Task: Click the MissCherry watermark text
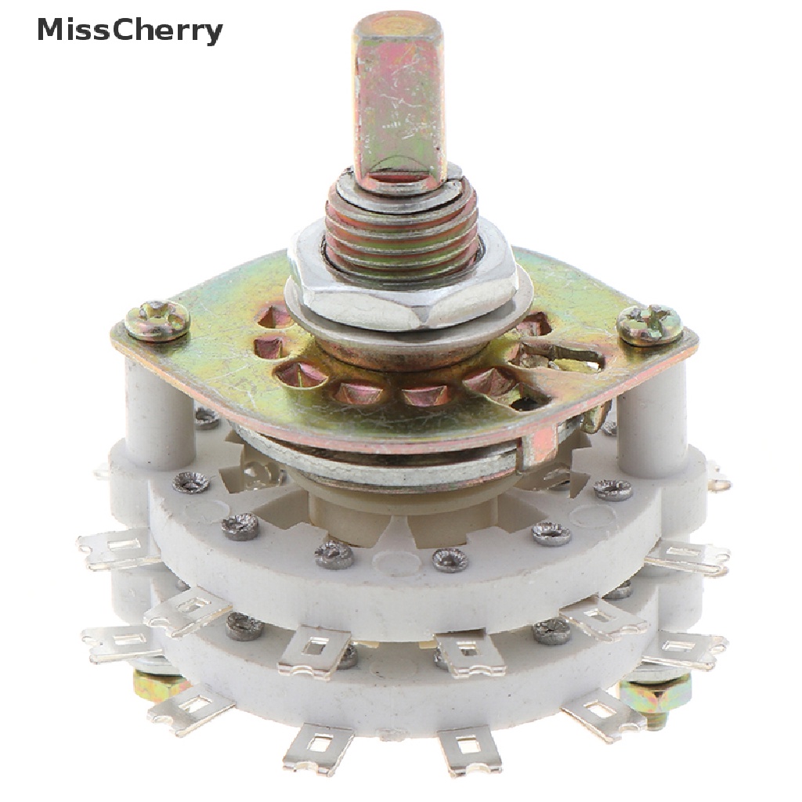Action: point(130,31)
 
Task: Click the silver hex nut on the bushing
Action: point(404,276)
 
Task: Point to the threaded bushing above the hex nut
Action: point(402,221)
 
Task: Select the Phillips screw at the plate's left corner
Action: point(158,320)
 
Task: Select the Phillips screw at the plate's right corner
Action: point(649,323)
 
